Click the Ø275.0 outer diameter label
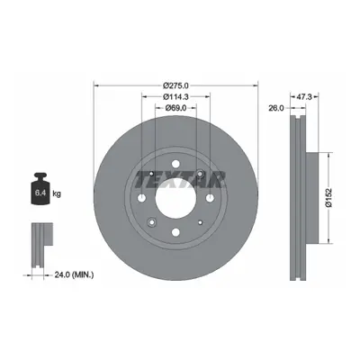(x=175, y=85)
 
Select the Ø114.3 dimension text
(x=175, y=96)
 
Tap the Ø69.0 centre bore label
(x=175, y=107)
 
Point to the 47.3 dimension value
(x=305, y=96)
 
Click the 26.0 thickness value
(x=276, y=108)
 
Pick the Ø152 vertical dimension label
(x=328, y=198)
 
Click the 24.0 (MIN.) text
(x=74, y=274)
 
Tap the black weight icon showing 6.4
(x=40, y=188)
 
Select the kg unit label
(x=57, y=193)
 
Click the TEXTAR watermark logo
(x=180, y=180)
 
